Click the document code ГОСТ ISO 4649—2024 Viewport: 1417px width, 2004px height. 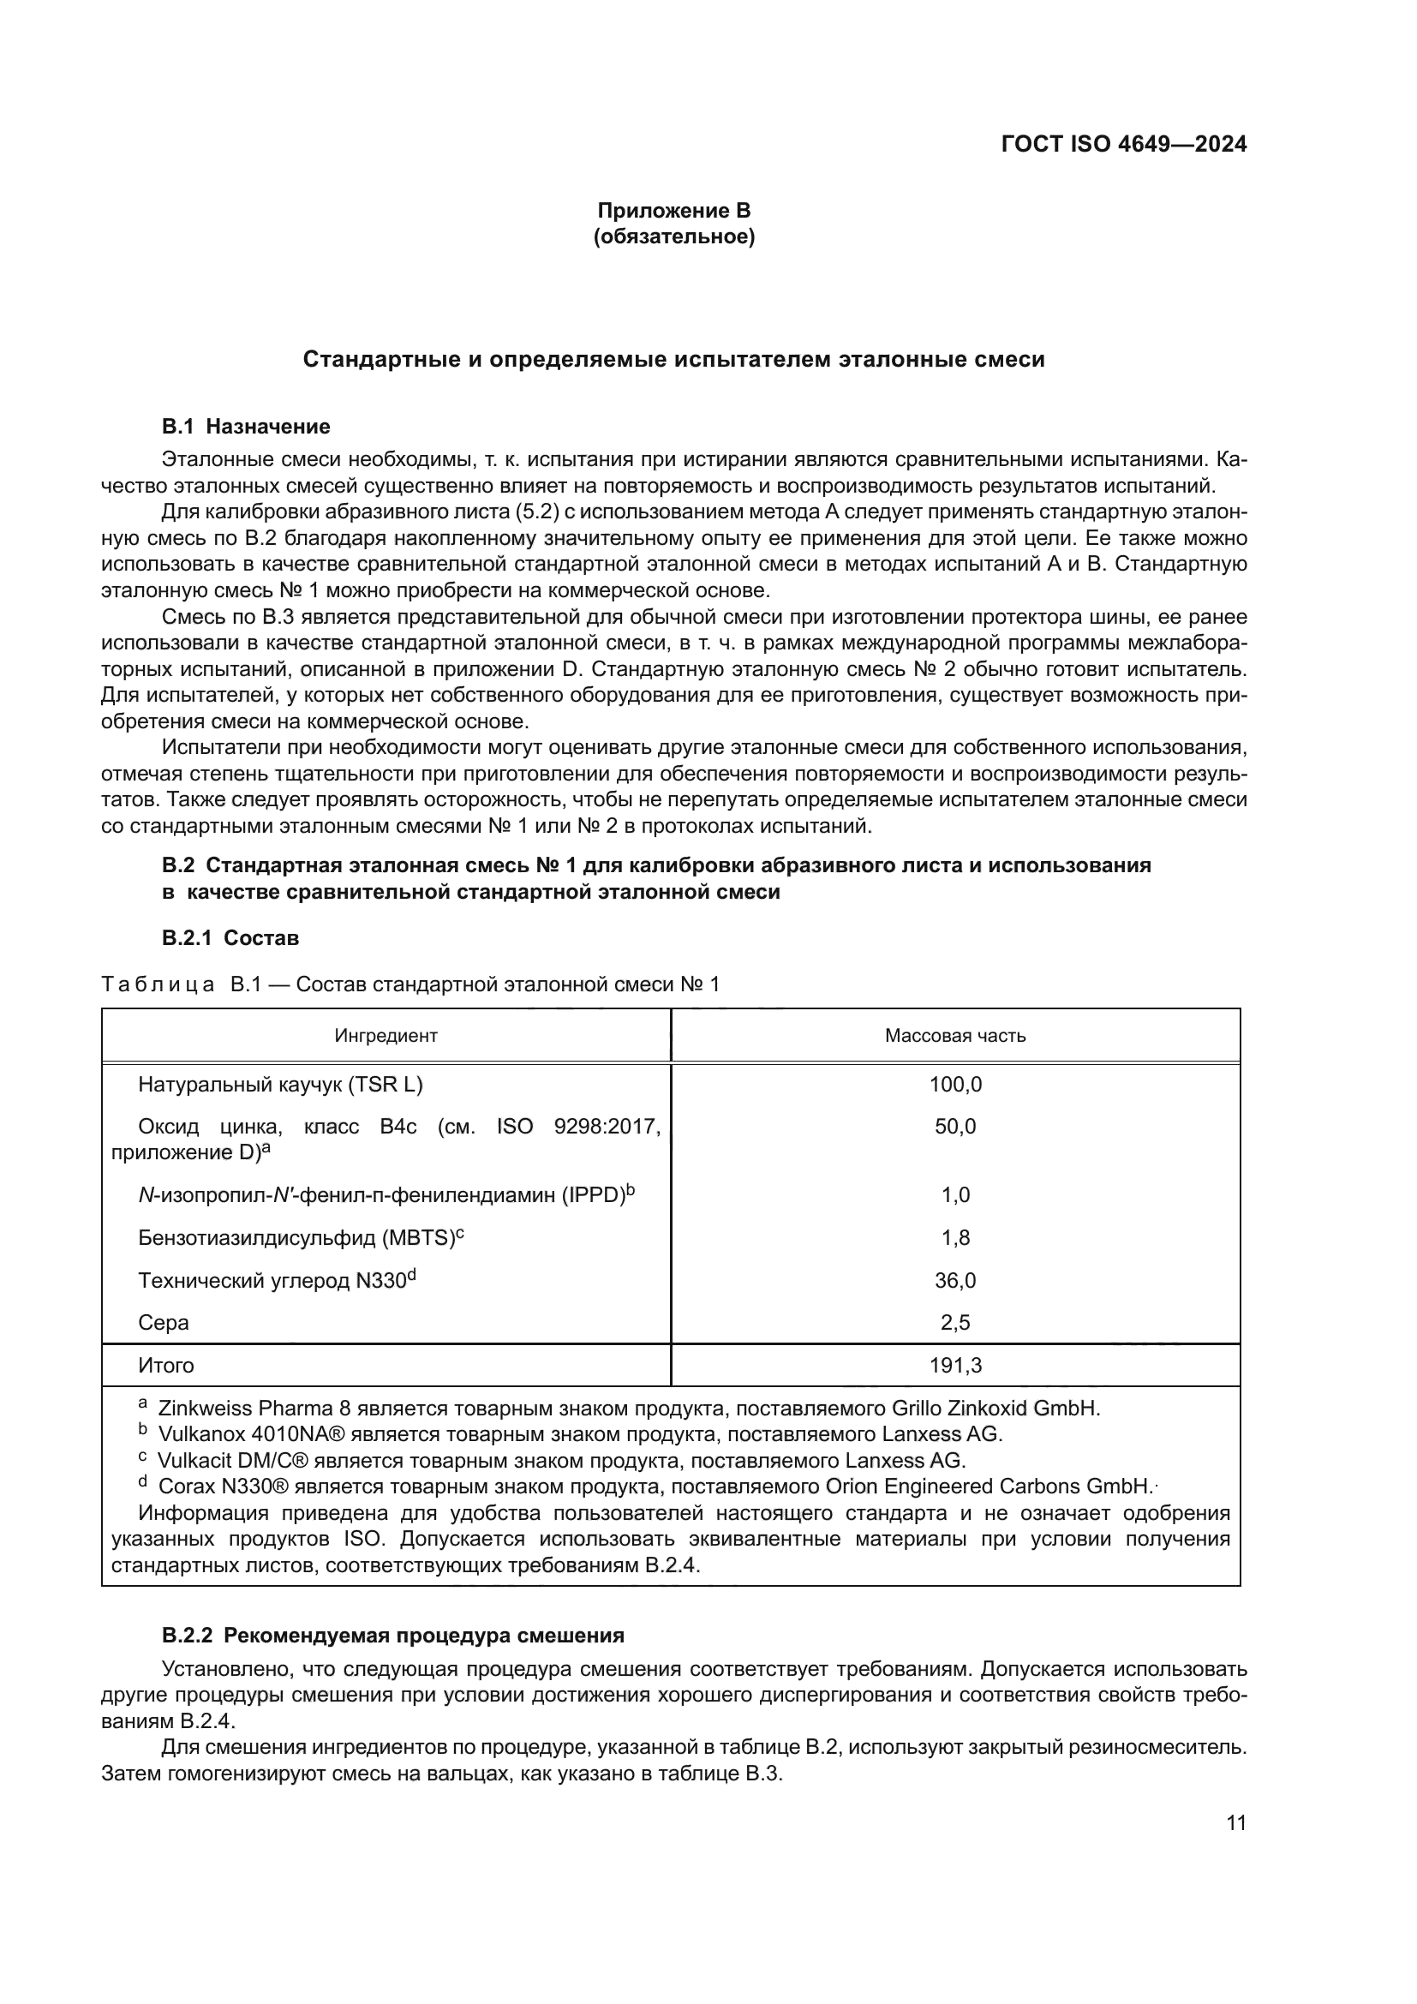point(1123,144)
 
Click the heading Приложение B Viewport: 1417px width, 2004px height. point(673,211)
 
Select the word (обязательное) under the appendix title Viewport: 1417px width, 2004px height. point(673,236)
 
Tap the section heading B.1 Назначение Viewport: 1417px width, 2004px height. point(245,427)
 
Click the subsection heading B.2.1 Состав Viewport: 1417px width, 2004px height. point(230,938)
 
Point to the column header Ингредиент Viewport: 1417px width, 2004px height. point(386,1036)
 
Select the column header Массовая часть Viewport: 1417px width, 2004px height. point(954,1036)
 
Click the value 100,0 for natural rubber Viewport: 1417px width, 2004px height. point(954,1085)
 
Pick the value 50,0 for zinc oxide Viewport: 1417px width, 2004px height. point(954,1127)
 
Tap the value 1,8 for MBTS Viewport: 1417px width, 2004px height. point(954,1239)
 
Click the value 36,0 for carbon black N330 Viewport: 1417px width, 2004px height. point(954,1281)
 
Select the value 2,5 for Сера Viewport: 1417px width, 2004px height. point(954,1323)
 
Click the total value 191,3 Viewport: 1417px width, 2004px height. point(954,1366)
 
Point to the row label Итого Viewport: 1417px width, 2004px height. point(166,1366)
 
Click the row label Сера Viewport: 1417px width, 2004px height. point(163,1323)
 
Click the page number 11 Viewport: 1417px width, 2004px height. point(1235,1824)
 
